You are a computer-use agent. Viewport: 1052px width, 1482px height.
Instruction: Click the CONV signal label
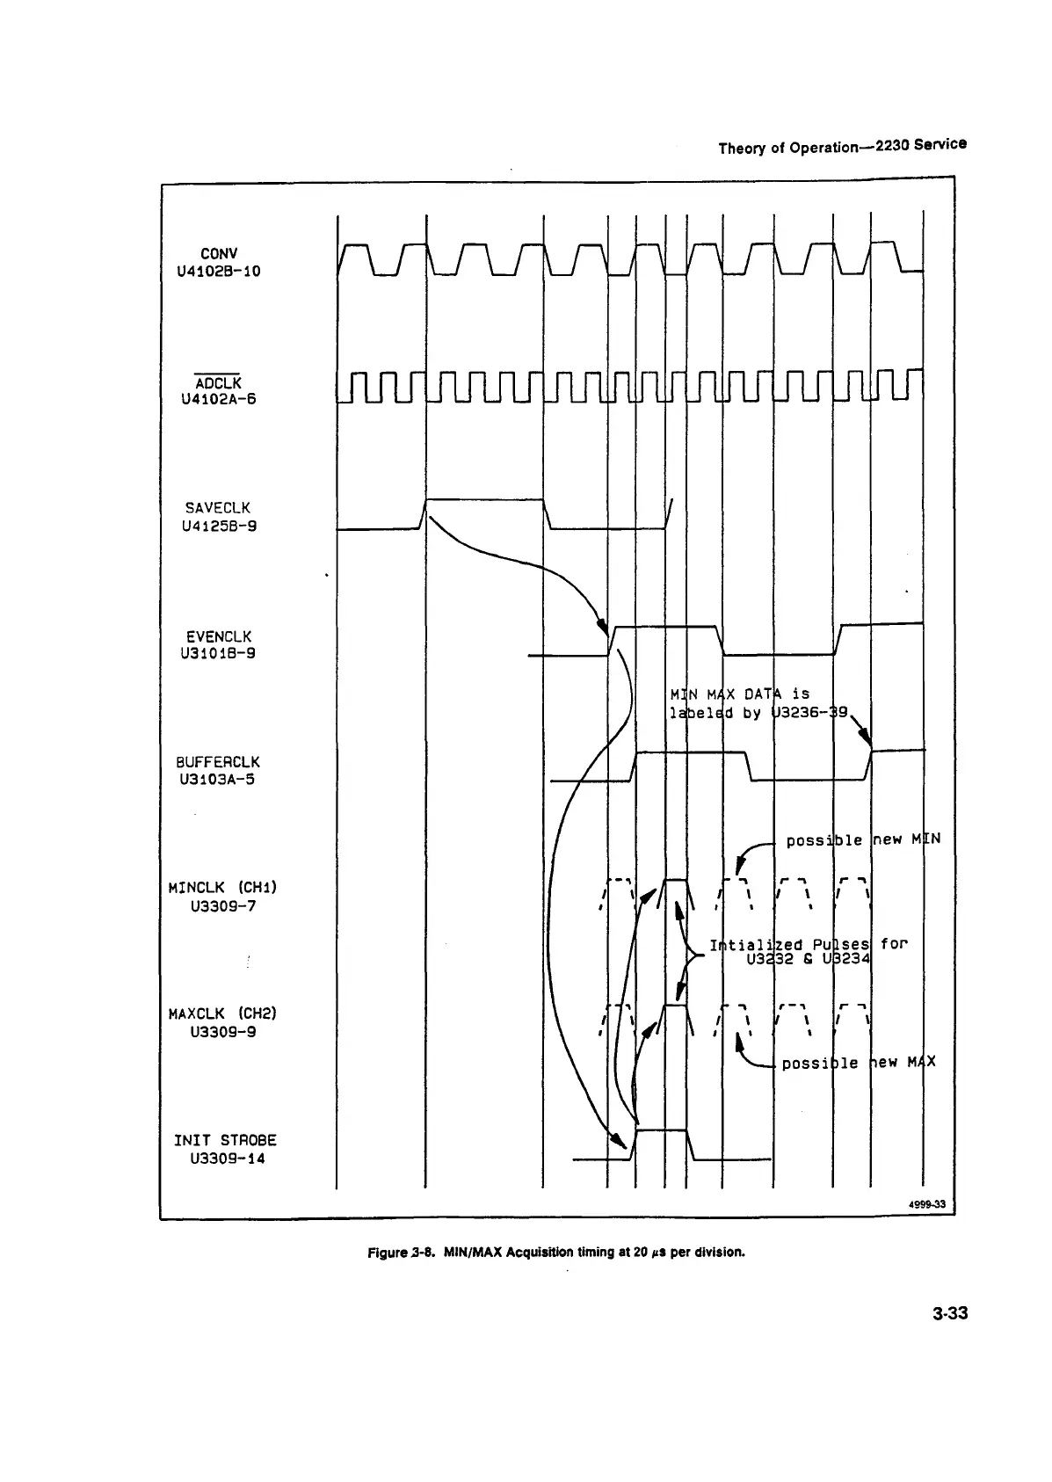[219, 253]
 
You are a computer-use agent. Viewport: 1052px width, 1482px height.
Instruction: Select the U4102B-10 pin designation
[219, 271]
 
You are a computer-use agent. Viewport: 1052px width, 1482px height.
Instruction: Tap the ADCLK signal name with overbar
[218, 383]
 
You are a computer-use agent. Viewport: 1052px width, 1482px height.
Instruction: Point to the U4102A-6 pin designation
[218, 400]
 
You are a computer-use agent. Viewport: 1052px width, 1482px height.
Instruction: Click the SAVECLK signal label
[218, 508]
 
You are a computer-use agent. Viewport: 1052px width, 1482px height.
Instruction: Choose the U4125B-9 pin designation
[218, 527]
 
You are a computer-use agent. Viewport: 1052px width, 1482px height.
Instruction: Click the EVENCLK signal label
[219, 636]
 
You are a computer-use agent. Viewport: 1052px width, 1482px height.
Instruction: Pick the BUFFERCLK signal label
[218, 762]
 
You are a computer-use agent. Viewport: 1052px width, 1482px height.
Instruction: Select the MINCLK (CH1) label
[222, 887]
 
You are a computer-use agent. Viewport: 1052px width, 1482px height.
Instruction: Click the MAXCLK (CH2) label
[222, 1013]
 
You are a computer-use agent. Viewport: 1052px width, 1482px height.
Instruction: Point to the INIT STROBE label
[225, 1140]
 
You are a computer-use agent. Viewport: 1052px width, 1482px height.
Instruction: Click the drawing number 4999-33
[927, 1204]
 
